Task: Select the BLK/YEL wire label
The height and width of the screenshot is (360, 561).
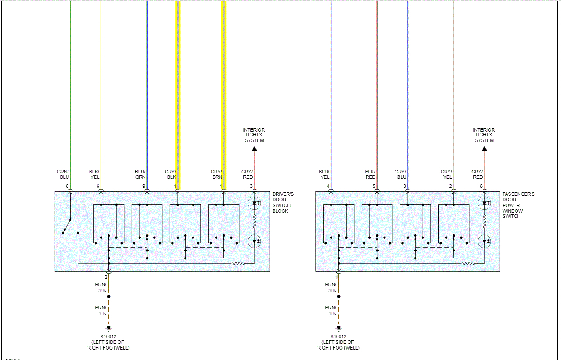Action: [94, 174]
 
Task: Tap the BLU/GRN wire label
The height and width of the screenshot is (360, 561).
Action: [140, 174]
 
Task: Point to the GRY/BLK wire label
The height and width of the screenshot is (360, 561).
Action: [170, 174]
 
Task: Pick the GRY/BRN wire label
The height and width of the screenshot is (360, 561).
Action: [216, 174]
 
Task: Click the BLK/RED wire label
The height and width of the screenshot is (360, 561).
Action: [370, 174]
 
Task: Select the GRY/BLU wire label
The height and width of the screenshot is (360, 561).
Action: [400, 174]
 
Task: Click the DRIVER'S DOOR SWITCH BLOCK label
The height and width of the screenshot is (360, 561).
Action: [283, 202]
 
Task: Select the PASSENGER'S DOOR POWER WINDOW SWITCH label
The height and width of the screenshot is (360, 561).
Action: [518, 205]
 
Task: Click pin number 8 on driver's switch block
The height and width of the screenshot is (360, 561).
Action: [67, 187]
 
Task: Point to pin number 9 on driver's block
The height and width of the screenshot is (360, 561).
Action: [144, 187]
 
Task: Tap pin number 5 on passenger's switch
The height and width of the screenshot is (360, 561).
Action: [374, 187]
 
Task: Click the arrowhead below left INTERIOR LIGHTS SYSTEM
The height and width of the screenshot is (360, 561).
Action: [254, 149]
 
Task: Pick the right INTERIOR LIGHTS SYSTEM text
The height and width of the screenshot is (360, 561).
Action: [484, 135]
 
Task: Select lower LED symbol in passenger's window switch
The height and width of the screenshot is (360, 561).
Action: [484, 241]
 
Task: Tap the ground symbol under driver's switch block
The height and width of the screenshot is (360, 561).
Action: [108, 328]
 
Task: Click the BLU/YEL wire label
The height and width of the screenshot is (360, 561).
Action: [324, 174]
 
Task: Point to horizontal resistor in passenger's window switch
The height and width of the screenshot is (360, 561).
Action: [468, 263]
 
